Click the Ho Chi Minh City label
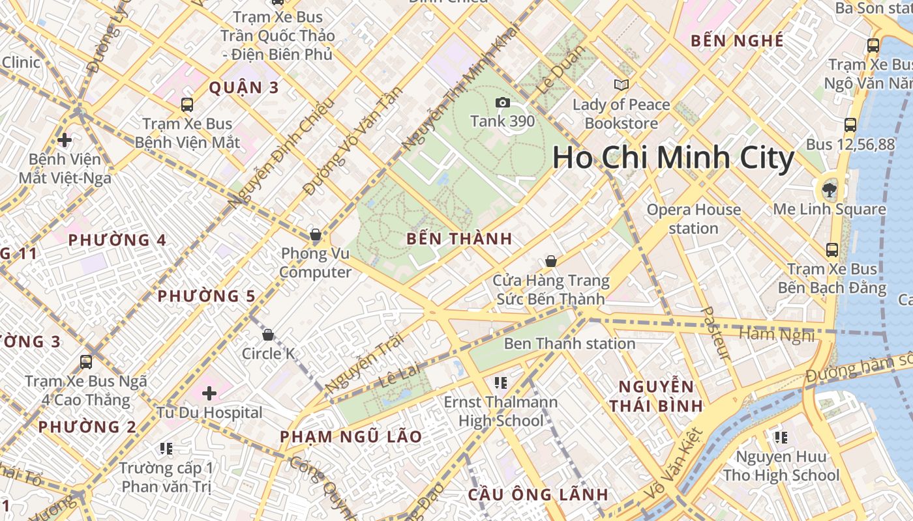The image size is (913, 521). click(x=673, y=158)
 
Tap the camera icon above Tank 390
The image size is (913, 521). click(x=502, y=102)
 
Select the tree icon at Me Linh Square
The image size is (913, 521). click(x=829, y=190)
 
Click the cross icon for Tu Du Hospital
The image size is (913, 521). click(x=209, y=393)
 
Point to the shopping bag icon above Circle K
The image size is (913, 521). click(x=267, y=335)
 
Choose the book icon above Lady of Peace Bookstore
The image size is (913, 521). click(x=621, y=85)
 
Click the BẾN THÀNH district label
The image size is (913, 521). click(x=459, y=239)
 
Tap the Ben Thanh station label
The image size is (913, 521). click(x=569, y=343)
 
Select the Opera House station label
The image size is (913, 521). click(x=693, y=219)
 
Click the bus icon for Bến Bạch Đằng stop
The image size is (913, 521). click(x=832, y=249)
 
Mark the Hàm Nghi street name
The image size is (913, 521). click(x=776, y=335)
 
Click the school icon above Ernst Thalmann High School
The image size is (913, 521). click(x=501, y=382)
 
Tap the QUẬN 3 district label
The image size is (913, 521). click(x=244, y=88)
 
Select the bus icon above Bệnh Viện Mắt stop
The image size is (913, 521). click(x=187, y=104)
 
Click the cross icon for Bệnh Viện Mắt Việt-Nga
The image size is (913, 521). click(x=65, y=139)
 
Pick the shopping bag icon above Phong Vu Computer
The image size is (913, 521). click(x=316, y=234)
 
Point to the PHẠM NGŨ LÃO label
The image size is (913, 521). click(x=351, y=436)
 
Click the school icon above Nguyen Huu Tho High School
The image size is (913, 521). click(x=781, y=437)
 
